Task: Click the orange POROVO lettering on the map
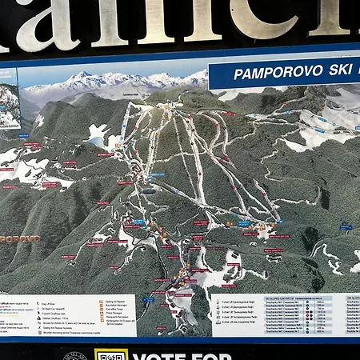19,239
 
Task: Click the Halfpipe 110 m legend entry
78,314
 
